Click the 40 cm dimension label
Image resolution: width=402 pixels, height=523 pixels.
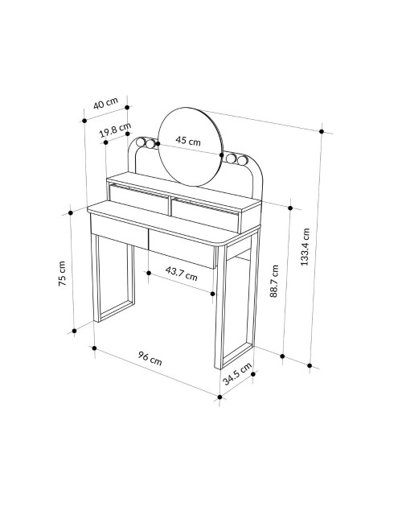pyautogui.click(x=105, y=103)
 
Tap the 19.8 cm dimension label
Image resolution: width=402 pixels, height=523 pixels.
pyautogui.click(x=115, y=130)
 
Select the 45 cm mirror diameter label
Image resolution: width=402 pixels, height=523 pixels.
pyautogui.click(x=188, y=141)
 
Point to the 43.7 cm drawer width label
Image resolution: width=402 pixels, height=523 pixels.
pyautogui.click(x=182, y=274)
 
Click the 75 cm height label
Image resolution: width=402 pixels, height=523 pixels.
pyautogui.click(x=62, y=274)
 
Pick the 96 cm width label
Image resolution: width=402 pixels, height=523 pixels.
pyautogui.click(x=150, y=358)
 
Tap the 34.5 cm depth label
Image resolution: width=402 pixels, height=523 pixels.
pyautogui.click(x=237, y=373)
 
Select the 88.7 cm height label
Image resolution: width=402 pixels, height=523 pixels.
pyautogui.click(x=274, y=281)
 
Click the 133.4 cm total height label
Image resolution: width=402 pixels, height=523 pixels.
pyautogui.click(x=305, y=246)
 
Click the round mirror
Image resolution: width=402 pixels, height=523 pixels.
pyautogui.click(x=190, y=146)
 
